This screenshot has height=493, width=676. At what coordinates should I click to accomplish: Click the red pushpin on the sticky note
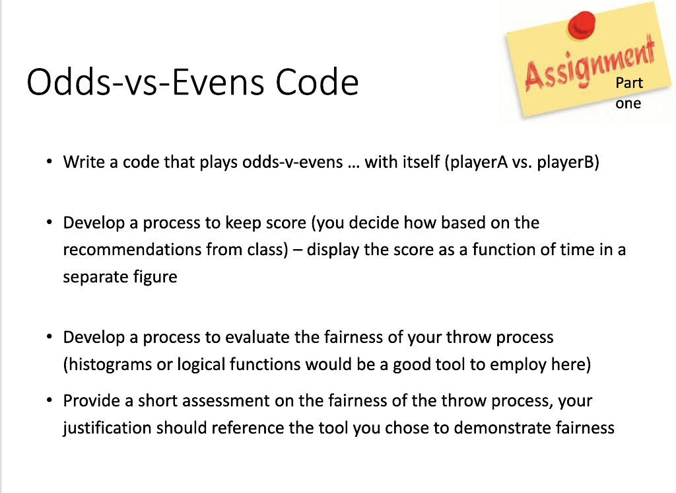click(x=581, y=25)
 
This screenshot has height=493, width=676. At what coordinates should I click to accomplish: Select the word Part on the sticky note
click(x=629, y=83)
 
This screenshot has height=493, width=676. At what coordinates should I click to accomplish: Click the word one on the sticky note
click(x=628, y=103)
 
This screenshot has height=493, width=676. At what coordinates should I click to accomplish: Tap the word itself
click(x=421, y=162)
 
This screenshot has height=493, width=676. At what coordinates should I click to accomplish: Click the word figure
click(x=155, y=277)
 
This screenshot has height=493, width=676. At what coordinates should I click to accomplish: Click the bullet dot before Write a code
click(x=49, y=162)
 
